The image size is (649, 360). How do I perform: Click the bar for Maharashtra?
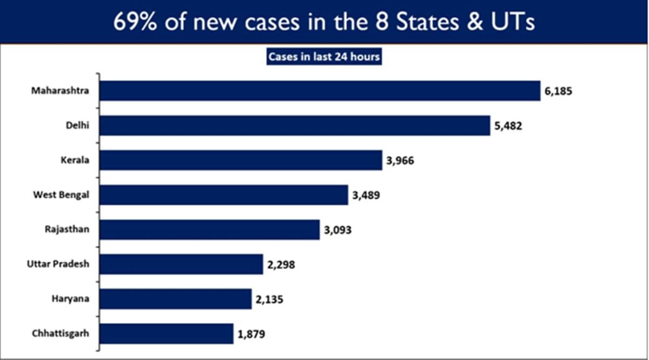[x=320, y=91]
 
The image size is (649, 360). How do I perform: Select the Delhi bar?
[x=295, y=125]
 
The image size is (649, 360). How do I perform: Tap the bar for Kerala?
[x=241, y=160]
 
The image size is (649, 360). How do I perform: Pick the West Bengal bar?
[x=223, y=195]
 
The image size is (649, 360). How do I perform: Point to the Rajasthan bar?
[x=209, y=230]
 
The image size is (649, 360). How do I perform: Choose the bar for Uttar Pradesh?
[x=181, y=264]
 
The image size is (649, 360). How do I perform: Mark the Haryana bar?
[x=175, y=299]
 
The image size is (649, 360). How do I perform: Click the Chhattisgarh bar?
[x=166, y=334]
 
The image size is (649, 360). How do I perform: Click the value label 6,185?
[x=558, y=91]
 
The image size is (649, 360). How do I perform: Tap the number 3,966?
[x=400, y=161]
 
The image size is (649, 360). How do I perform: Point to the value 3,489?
[x=366, y=195]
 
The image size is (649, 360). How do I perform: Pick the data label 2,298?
[x=281, y=265]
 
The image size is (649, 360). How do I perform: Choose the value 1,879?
[x=251, y=334]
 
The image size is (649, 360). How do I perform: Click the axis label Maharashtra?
[x=59, y=91]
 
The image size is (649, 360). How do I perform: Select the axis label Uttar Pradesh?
[x=58, y=264]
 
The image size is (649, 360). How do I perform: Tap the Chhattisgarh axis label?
[x=59, y=334]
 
